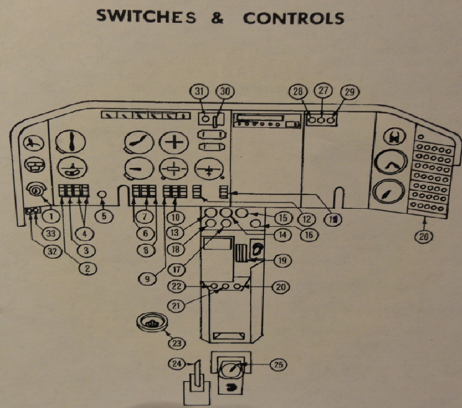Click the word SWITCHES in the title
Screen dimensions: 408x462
[x=146, y=16]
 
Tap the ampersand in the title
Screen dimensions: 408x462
[x=217, y=17]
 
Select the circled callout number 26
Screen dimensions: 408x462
[x=424, y=236]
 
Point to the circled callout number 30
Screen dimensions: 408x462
[x=226, y=92]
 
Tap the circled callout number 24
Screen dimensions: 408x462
[x=178, y=364]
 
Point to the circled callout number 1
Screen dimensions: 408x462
[x=54, y=213]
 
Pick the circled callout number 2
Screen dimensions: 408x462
[x=87, y=268]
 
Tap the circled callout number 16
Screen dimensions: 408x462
[x=308, y=235]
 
